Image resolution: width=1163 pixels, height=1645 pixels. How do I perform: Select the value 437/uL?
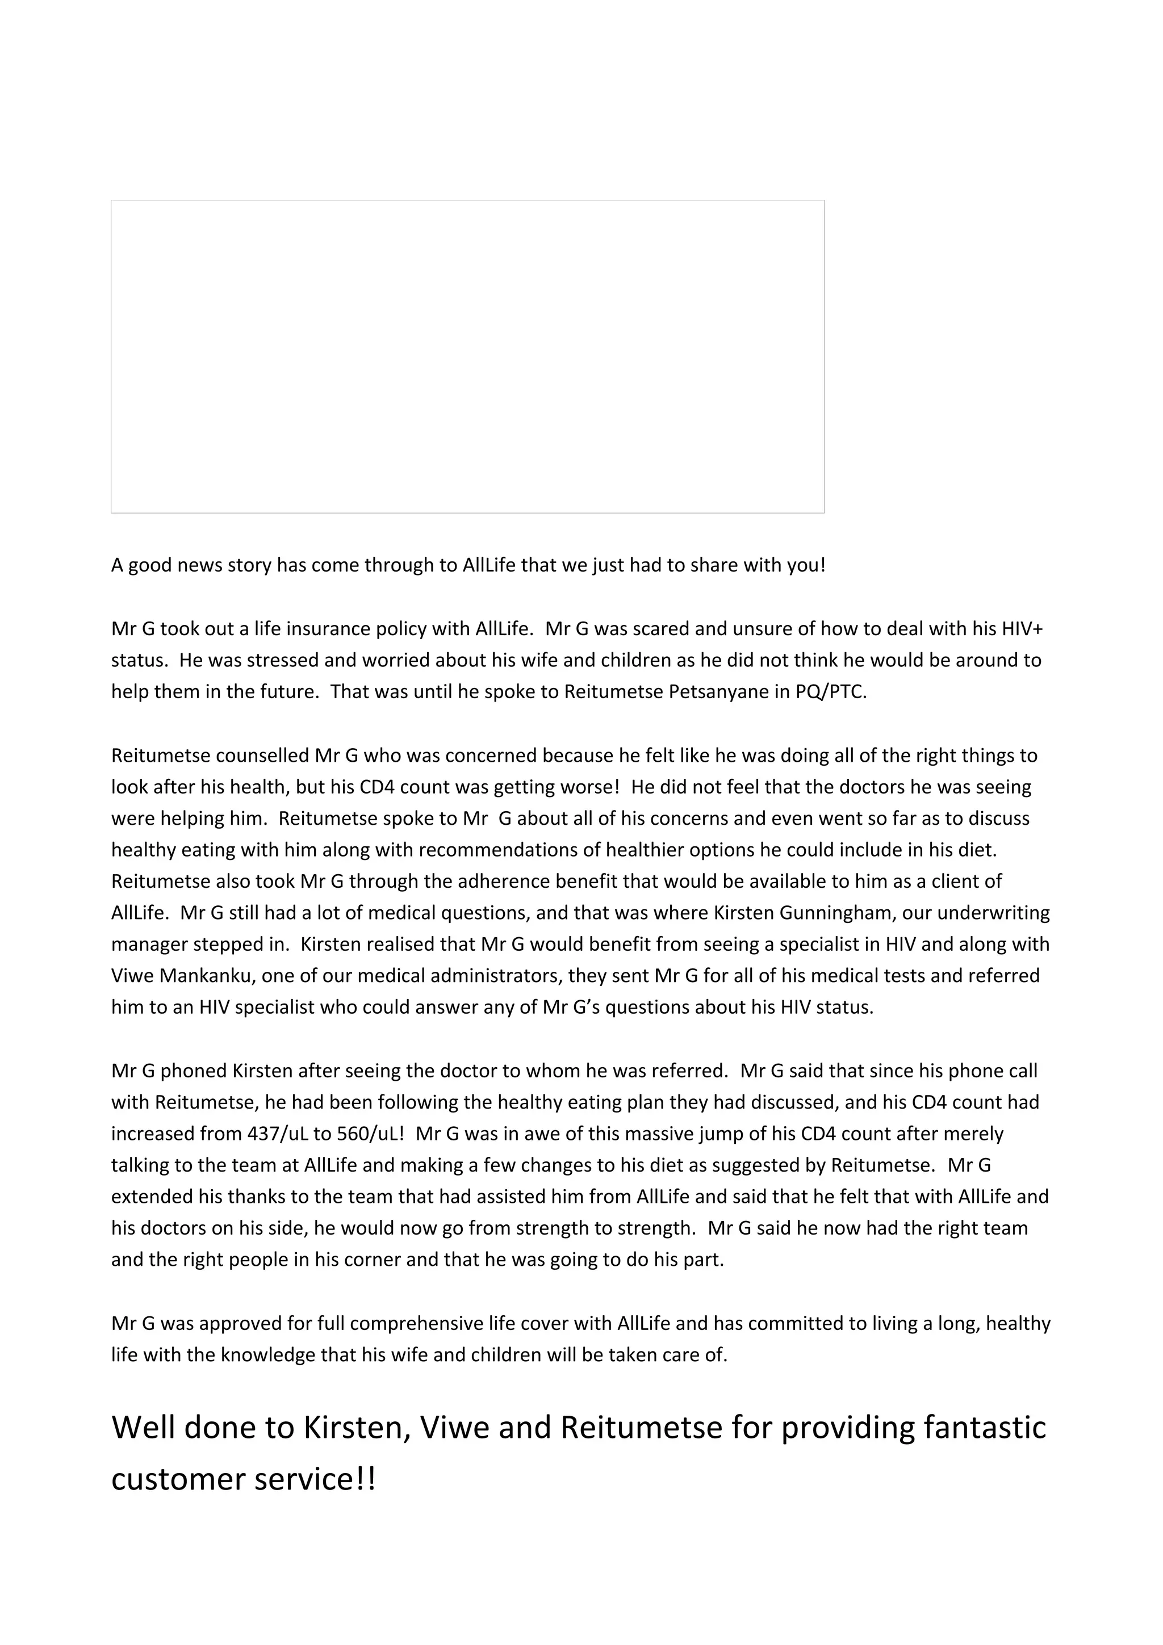[277, 1134]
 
